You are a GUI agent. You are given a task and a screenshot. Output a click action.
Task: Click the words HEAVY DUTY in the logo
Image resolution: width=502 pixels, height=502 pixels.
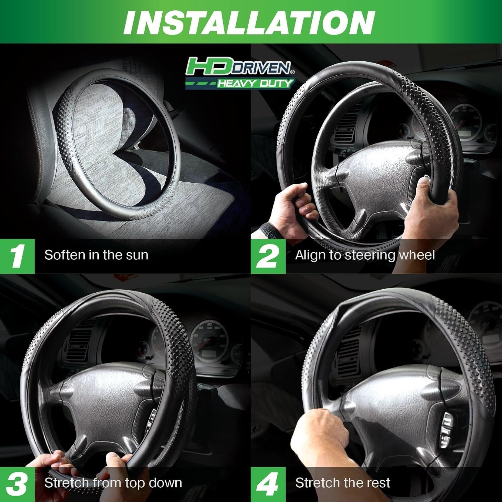pos(255,83)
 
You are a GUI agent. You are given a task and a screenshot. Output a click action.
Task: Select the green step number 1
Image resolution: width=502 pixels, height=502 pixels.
pos(17,256)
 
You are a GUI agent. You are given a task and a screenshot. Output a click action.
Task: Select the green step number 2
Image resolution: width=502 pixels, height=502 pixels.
pos(268,256)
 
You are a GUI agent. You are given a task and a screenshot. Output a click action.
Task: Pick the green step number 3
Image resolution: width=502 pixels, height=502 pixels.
pos(17,484)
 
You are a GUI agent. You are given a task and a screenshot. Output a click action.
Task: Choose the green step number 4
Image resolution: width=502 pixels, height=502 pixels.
pos(268,484)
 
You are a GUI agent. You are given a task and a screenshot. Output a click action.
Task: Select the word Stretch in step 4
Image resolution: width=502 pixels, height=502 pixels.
pos(317,483)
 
